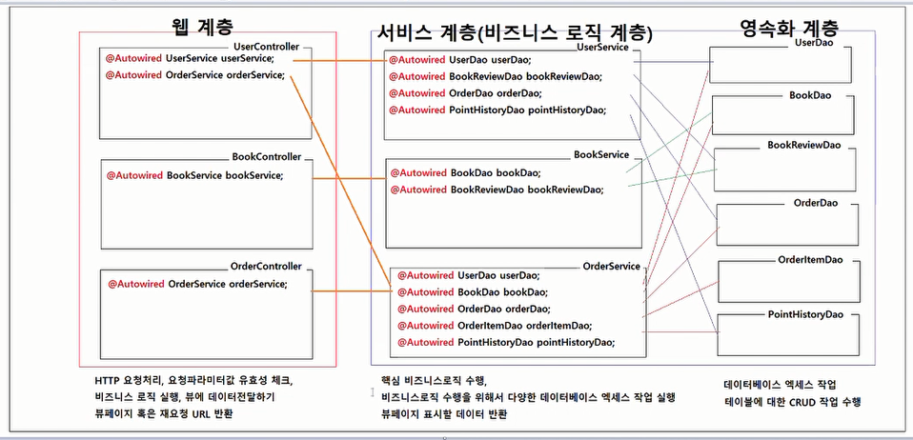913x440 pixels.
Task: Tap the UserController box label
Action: click(266, 46)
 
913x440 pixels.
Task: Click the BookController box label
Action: click(266, 156)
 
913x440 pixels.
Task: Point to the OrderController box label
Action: click(266, 266)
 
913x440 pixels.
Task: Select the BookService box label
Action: click(600, 153)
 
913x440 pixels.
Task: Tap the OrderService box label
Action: click(610, 266)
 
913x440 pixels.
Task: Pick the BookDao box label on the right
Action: click(811, 95)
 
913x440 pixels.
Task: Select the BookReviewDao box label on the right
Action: click(804, 146)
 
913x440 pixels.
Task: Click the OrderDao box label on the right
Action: click(815, 203)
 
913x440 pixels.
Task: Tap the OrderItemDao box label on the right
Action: click(810, 259)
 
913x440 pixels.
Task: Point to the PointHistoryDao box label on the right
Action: click(805, 313)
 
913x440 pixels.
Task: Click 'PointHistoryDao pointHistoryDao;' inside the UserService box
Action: click(527, 110)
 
